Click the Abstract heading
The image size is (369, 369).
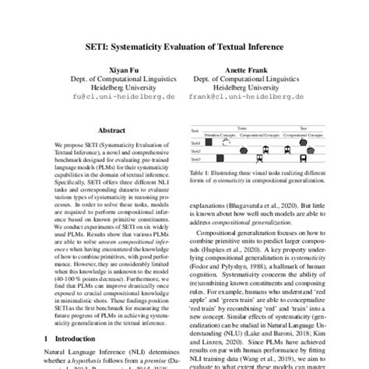click(x=102, y=132)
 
